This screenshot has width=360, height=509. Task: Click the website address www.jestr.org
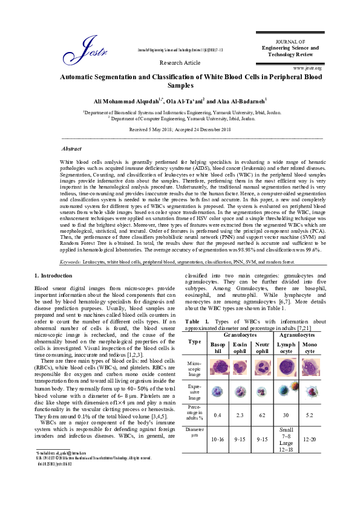pos(307,68)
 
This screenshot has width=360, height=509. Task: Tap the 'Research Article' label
pos(180,62)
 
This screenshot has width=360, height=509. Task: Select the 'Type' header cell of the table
pos(195,342)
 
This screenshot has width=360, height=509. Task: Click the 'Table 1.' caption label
pos(197,320)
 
